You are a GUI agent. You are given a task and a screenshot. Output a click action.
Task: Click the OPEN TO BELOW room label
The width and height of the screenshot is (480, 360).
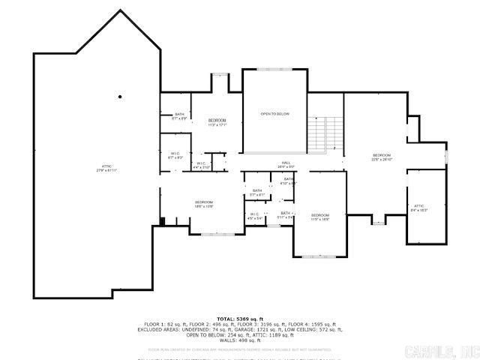[x=274, y=114]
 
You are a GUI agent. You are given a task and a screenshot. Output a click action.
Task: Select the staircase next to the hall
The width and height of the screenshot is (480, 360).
[x=325, y=133]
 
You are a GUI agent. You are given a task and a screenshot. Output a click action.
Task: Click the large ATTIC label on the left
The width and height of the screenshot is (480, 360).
[x=107, y=167]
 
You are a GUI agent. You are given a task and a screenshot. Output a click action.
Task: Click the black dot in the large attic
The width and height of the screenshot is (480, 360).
[x=120, y=97]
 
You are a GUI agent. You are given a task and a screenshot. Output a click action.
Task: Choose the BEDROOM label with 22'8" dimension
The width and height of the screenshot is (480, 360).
[x=382, y=157]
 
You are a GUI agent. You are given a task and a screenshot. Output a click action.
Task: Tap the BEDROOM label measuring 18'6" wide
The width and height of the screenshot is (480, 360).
[x=204, y=203]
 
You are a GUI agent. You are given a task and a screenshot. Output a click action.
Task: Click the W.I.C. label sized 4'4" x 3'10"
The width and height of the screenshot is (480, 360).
[x=201, y=165]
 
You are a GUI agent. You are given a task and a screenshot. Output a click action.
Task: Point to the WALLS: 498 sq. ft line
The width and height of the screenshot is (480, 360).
[x=239, y=340]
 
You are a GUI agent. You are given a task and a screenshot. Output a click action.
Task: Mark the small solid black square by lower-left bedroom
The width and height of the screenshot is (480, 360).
[x=161, y=220]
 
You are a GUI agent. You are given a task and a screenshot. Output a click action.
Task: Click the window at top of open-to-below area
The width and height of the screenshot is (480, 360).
[x=274, y=69]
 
